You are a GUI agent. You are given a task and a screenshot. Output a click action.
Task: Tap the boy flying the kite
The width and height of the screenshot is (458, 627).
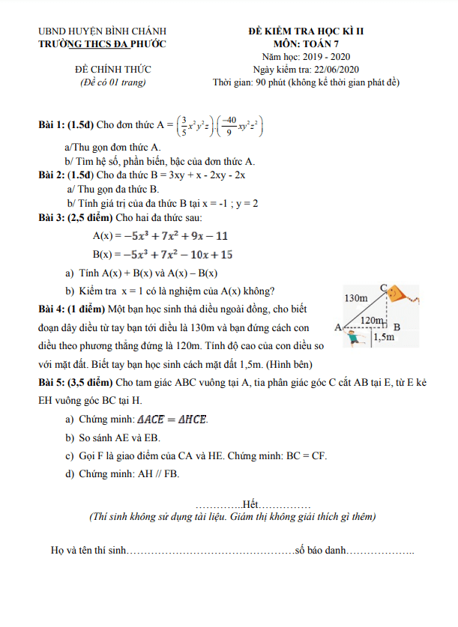[x=355, y=337]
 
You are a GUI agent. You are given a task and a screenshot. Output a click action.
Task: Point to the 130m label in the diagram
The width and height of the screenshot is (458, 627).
[x=356, y=298]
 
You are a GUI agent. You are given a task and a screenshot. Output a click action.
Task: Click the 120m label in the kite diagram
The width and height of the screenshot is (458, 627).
[x=373, y=321]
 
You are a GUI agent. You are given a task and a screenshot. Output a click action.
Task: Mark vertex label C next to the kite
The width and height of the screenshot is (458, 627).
[x=384, y=287]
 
